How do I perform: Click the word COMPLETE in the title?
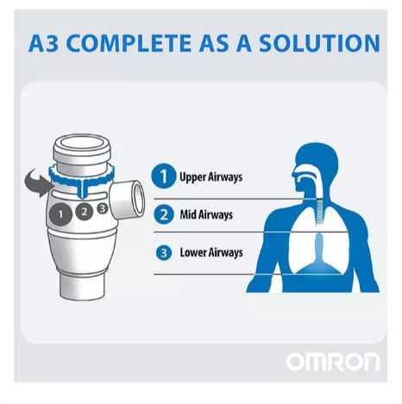pyautogui.click(x=129, y=43)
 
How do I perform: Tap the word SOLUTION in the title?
pyautogui.click(x=319, y=43)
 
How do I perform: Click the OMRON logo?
pyautogui.click(x=333, y=362)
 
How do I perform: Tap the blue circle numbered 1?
pyautogui.click(x=164, y=176)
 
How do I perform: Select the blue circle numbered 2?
pyautogui.click(x=164, y=214)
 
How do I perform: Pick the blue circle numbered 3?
pyautogui.click(x=164, y=253)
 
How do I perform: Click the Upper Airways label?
pyautogui.click(x=210, y=177)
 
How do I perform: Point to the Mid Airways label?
pyautogui.click(x=206, y=214)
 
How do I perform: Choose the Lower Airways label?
pyautogui.click(x=211, y=252)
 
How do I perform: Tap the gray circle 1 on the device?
pyautogui.click(x=60, y=214)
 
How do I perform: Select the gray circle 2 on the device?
pyautogui.click(x=84, y=212)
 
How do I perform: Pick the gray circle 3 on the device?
pyautogui.click(x=103, y=208)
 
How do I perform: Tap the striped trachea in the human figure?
pyautogui.click(x=319, y=212)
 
